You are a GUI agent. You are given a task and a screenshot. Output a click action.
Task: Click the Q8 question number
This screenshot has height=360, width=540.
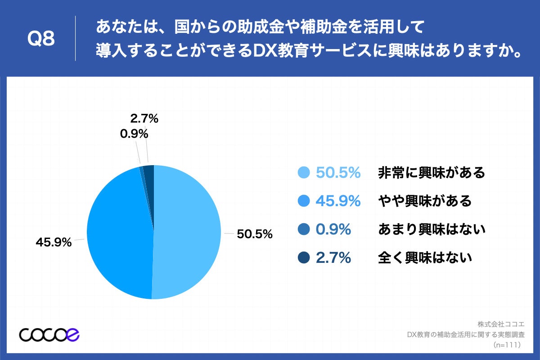point(41,39)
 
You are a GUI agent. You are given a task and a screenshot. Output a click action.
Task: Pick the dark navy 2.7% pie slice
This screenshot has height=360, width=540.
point(149,173)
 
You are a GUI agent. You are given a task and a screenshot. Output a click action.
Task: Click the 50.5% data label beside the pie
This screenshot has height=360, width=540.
point(255,234)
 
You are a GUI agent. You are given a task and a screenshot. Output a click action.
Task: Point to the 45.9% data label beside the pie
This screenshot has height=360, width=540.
point(54,242)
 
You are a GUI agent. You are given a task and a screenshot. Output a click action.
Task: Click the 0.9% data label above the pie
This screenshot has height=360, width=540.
point(134,134)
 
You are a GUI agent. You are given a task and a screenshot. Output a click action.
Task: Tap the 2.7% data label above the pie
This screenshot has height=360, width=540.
point(144,119)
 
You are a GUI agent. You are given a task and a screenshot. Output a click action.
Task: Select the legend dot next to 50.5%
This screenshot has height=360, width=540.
point(304,172)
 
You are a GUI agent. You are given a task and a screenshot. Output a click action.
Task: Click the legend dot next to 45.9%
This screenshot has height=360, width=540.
point(304,201)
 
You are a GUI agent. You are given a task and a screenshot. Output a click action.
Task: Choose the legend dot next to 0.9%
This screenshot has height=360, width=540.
point(304,229)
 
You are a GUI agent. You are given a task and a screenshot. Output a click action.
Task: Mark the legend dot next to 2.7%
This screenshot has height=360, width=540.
point(304,258)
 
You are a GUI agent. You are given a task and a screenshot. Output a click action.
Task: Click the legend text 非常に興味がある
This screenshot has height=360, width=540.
point(431,172)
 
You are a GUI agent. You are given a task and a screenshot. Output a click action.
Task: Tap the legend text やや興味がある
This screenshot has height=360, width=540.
point(424,201)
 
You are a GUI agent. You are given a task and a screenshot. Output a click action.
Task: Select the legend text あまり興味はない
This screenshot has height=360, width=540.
point(431,229)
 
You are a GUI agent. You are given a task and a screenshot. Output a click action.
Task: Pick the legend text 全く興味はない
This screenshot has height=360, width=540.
point(424,258)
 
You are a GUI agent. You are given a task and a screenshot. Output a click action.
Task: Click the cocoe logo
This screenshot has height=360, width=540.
point(49,334)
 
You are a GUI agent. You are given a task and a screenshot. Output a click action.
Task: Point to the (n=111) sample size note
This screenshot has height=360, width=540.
point(507,345)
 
